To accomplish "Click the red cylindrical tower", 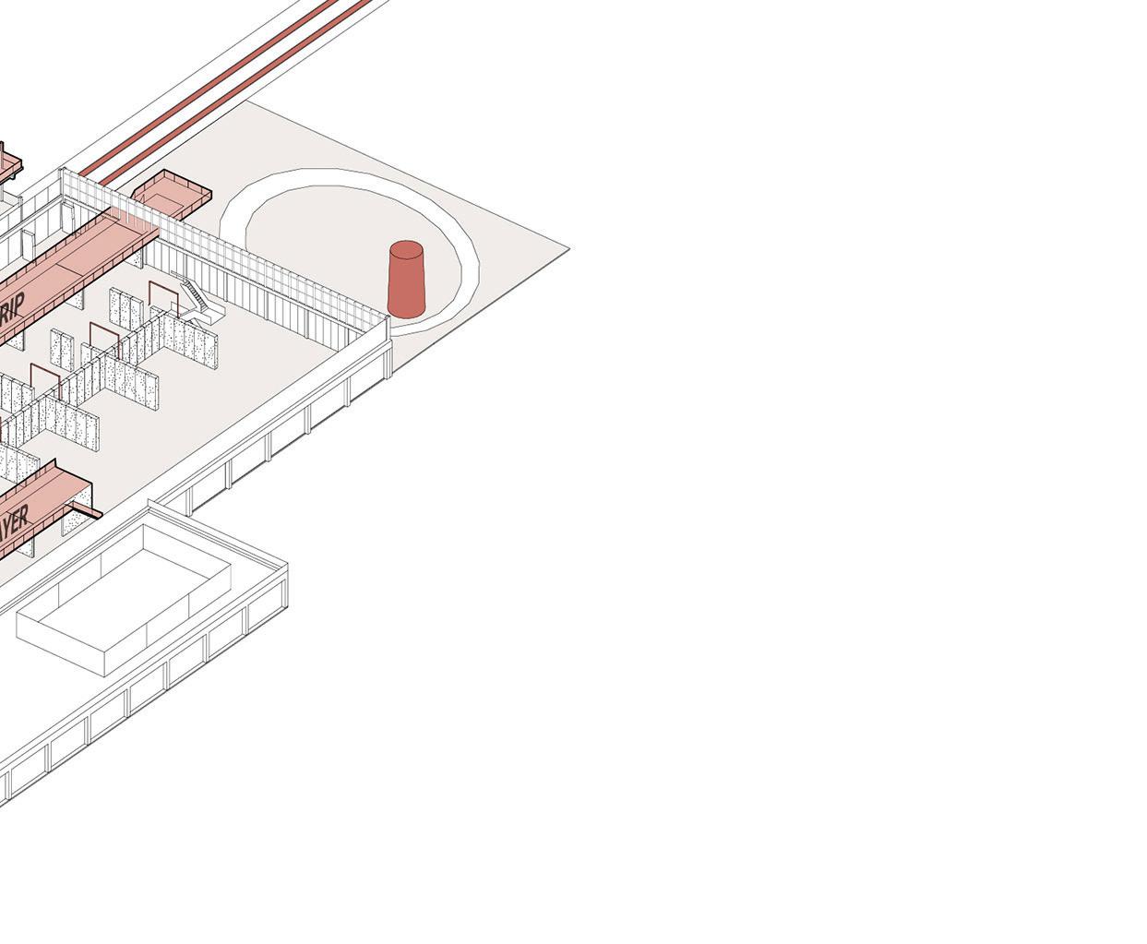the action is [x=406, y=281].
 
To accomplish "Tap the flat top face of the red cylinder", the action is [x=406, y=250].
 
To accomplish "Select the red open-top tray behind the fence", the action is [x=172, y=190].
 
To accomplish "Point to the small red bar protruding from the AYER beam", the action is [x=89, y=509].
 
